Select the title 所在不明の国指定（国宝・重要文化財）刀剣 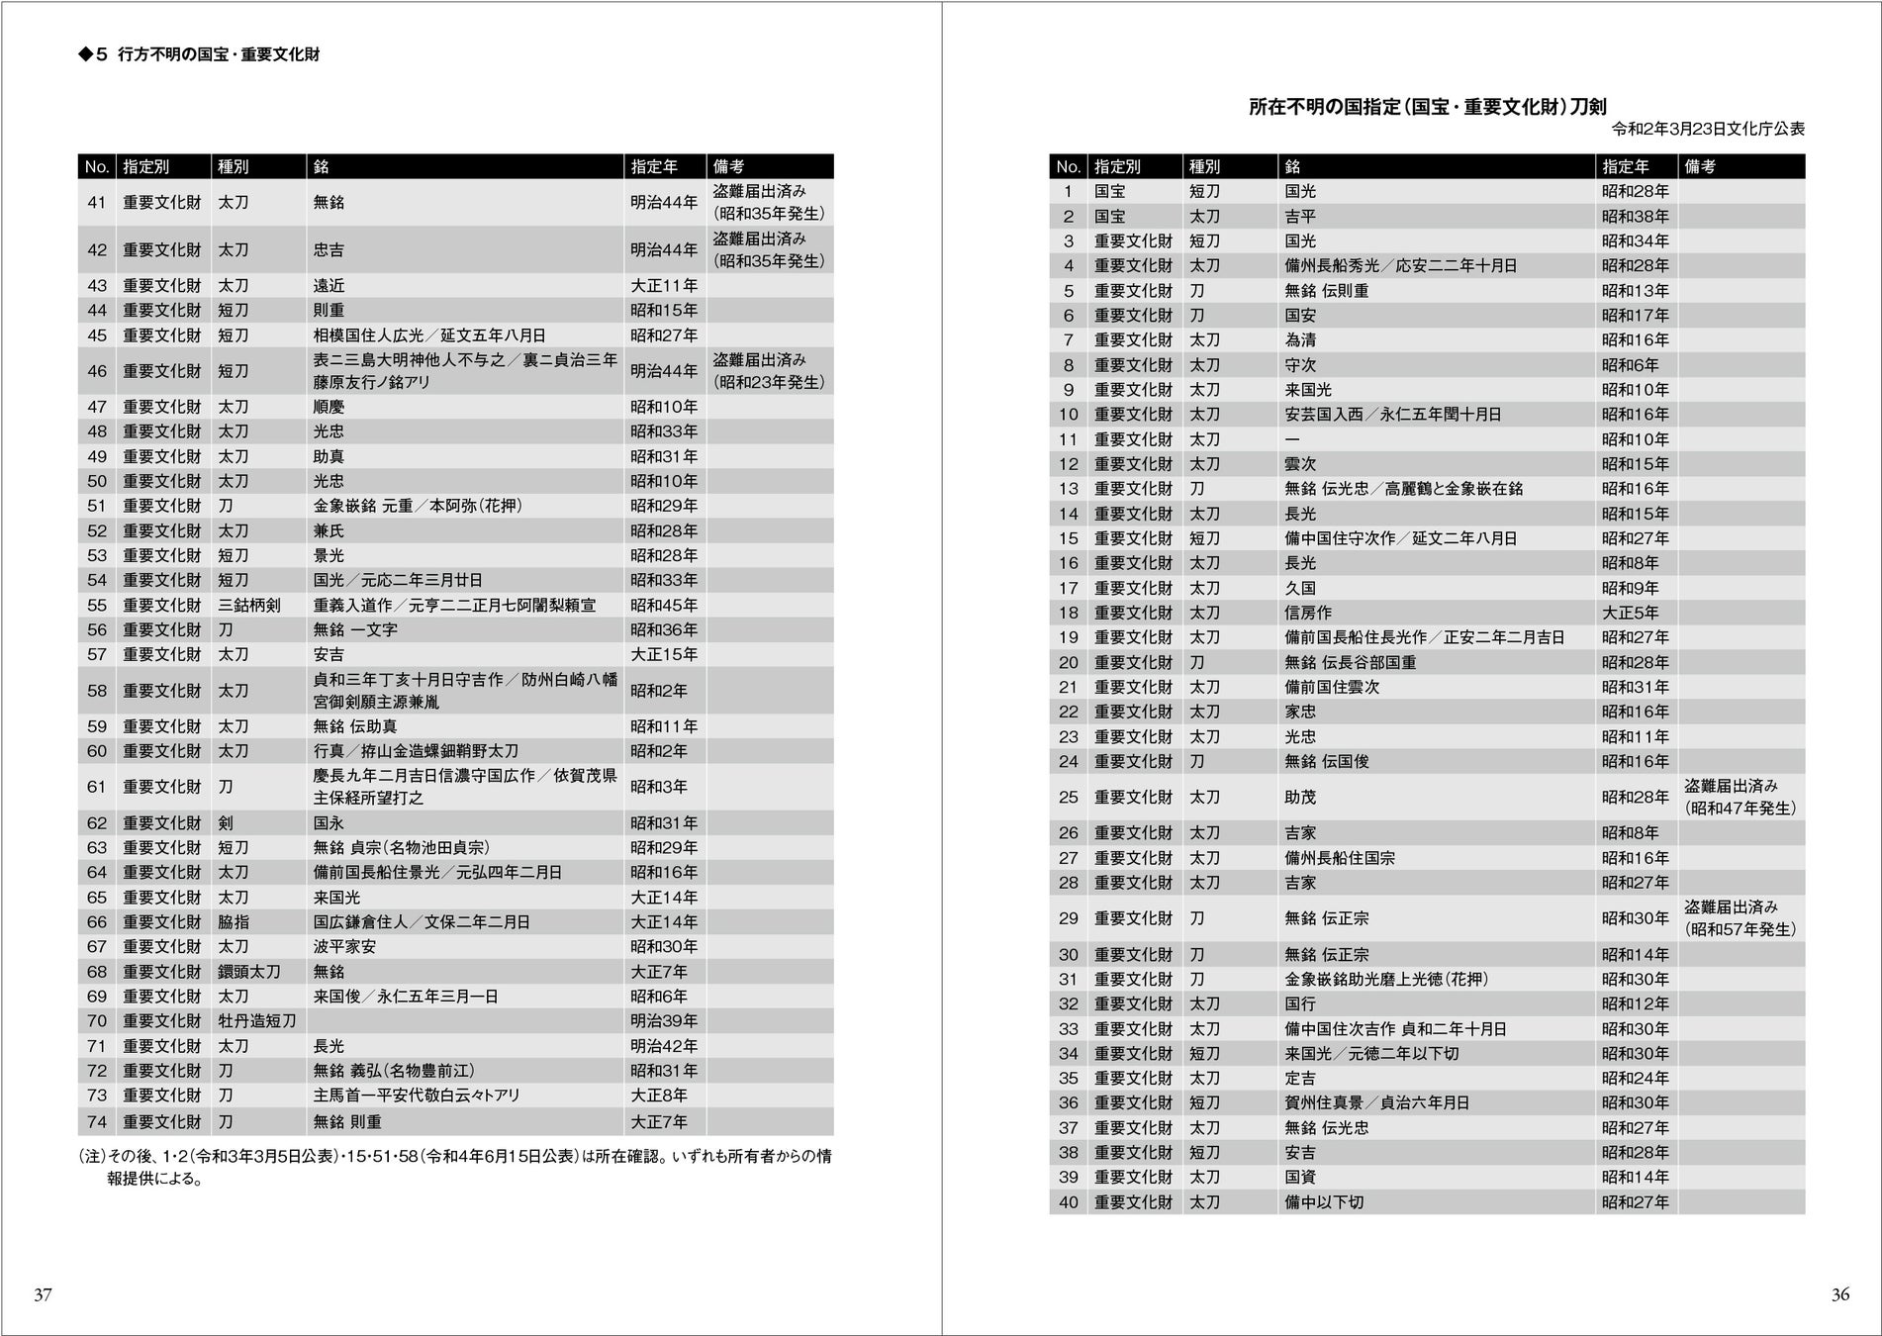[x=1427, y=108]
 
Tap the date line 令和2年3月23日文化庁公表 [x=1708, y=130]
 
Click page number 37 [x=43, y=1294]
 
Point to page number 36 [x=1839, y=1294]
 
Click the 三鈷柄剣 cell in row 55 [x=248, y=605]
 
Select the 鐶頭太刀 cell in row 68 [x=248, y=972]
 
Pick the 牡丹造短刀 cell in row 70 [x=256, y=1021]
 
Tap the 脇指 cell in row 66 [x=234, y=922]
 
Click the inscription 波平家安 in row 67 [x=344, y=947]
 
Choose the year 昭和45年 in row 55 [x=664, y=605]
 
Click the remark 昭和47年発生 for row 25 [x=1741, y=809]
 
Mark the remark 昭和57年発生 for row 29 [x=1741, y=930]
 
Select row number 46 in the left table [x=96, y=371]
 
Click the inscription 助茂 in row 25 [x=1300, y=798]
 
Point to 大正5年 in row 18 [x=1630, y=613]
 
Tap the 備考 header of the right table [x=1700, y=167]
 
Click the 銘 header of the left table [x=322, y=167]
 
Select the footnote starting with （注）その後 [x=454, y=1167]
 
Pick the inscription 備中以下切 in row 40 [x=1324, y=1202]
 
